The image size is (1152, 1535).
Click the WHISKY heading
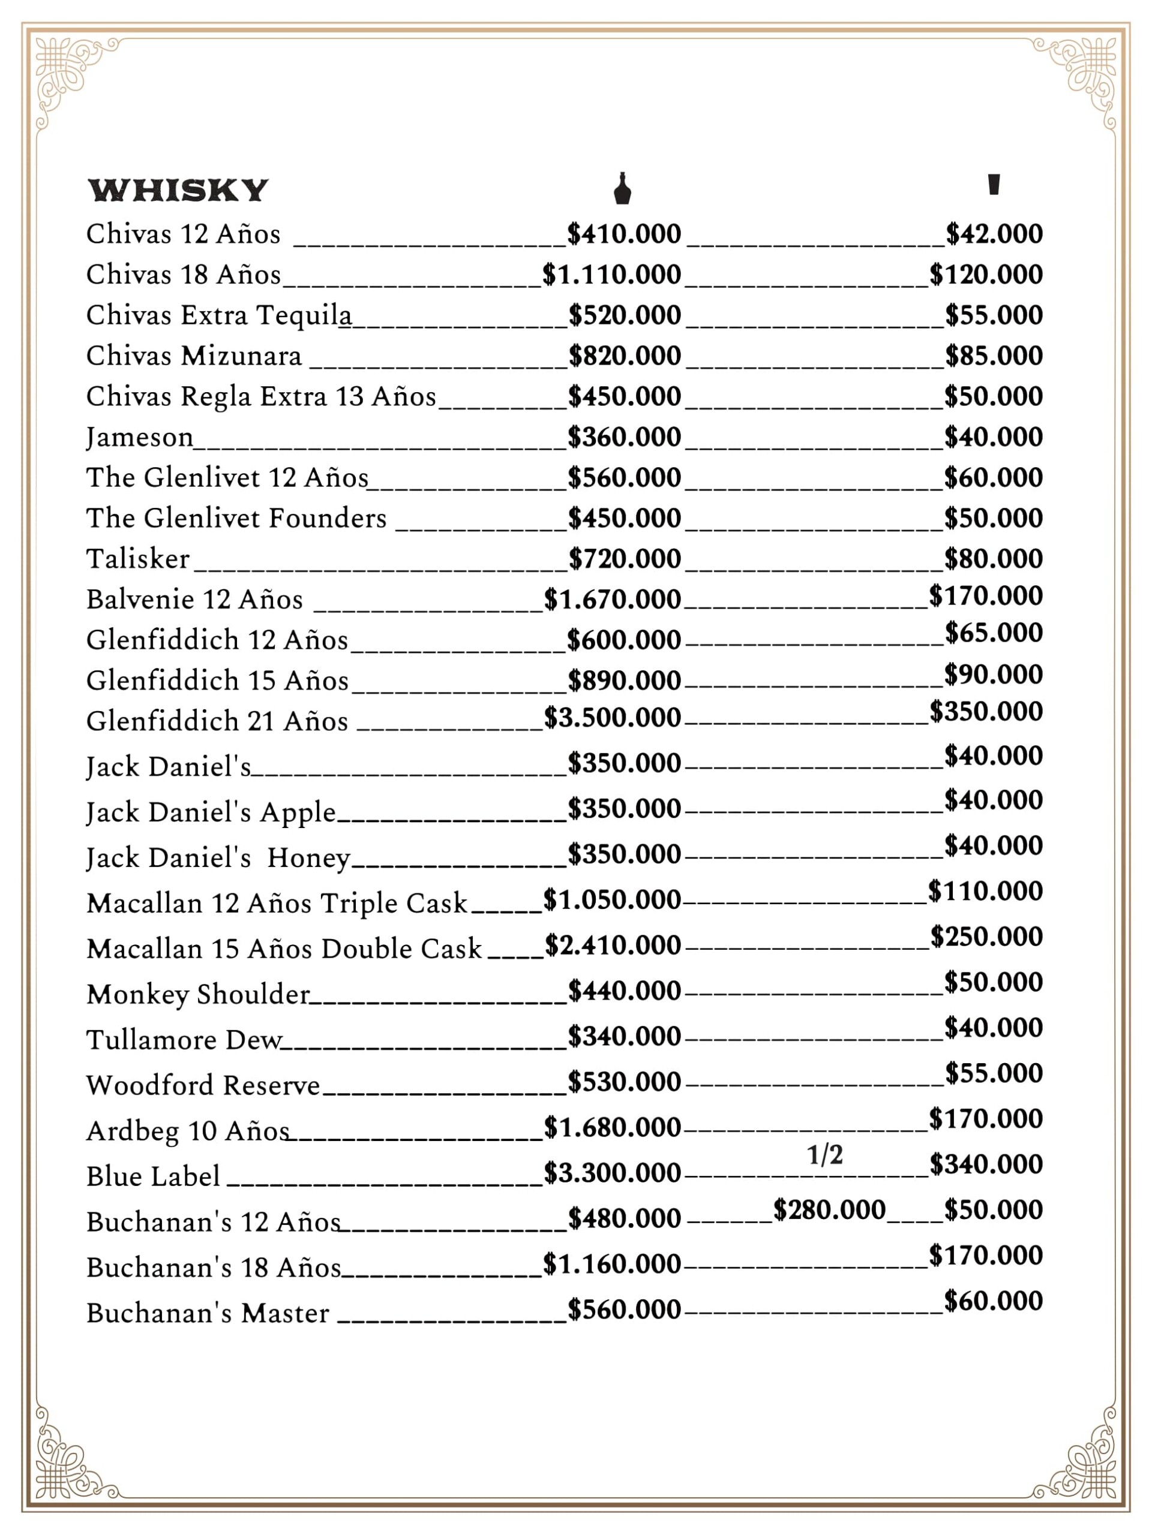[x=178, y=190]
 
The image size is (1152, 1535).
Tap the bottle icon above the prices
[x=622, y=189]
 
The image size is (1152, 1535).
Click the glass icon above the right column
[x=994, y=185]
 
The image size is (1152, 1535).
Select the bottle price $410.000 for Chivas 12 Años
[x=623, y=234]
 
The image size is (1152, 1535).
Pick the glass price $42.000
[x=994, y=234]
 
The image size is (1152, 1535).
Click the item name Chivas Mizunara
[x=194, y=356]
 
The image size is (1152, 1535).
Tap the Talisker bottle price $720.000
[x=624, y=559]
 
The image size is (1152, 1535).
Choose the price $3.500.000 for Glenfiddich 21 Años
[x=612, y=718]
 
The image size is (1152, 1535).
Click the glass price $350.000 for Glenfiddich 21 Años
[x=986, y=711]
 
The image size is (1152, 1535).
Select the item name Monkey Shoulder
[x=198, y=994]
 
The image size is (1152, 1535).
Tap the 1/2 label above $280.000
[x=825, y=1155]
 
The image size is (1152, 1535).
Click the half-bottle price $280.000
[x=829, y=1210]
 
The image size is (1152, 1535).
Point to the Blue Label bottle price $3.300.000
[x=612, y=1173]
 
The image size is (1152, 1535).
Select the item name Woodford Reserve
[x=203, y=1085]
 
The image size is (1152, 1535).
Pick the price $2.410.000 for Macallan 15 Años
[x=613, y=945]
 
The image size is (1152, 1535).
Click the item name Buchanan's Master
[x=208, y=1314]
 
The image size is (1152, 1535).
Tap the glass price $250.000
[x=986, y=937]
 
